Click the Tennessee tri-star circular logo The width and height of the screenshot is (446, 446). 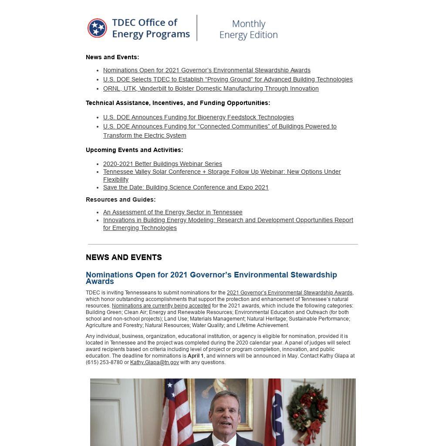[x=97, y=28]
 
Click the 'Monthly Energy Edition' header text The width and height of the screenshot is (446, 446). [x=248, y=29]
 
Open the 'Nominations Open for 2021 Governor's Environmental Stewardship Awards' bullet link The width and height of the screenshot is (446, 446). [x=206, y=70]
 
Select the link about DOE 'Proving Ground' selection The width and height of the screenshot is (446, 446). [x=227, y=79]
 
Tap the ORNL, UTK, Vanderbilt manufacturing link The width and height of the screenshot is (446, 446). [x=211, y=88]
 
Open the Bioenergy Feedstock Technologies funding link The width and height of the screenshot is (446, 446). [x=198, y=117]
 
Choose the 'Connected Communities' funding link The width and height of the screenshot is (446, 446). [x=220, y=126]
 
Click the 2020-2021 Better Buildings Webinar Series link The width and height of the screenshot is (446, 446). [x=162, y=164]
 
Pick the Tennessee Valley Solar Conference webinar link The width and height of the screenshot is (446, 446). [x=222, y=172]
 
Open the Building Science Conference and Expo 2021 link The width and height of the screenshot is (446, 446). [x=186, y=187]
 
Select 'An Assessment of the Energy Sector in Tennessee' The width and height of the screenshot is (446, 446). [x=172, y=212]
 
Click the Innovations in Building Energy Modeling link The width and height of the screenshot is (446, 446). [x=228, y=220]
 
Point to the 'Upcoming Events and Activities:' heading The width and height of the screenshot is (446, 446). [x=134, y=150]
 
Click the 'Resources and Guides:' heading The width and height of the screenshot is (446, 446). [x=121, y=199]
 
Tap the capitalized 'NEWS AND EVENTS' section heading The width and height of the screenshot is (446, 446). [x=124, y=257]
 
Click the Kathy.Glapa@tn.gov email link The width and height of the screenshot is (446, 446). [x=154, y=362]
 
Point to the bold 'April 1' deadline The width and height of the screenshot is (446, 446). [x=196, y=356]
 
